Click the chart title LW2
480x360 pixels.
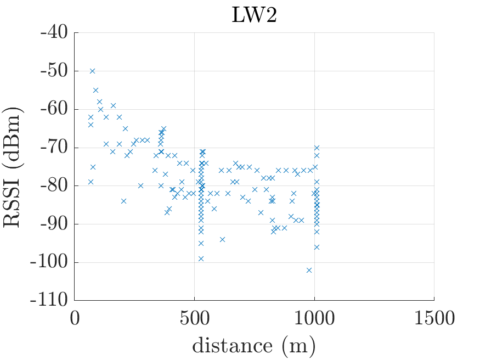tap(254, 15)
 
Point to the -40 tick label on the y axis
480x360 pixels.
tap(53, 33)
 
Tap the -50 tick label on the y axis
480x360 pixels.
tap(53, 71)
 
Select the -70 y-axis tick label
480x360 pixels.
tap(53, 148)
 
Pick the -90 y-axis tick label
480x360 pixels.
tap(53, 224)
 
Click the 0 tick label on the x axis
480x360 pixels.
tap(75, 318)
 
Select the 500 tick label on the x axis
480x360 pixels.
tap(195, 318)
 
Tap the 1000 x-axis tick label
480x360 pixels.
tap(314, 318)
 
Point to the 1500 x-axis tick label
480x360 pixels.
tap(434, 318)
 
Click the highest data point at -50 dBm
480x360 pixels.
tap(92, 71)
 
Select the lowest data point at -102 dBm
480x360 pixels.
tap(309, 270)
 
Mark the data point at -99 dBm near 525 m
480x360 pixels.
tap(201, 258)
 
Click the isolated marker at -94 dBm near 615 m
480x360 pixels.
tap(222, 239)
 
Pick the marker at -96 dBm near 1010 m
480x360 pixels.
tap(317, 247)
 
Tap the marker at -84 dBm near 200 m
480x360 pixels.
tap(123, 201)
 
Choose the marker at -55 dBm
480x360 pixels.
tap(95, 90)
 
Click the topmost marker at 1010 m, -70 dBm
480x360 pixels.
tap(317, 148)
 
